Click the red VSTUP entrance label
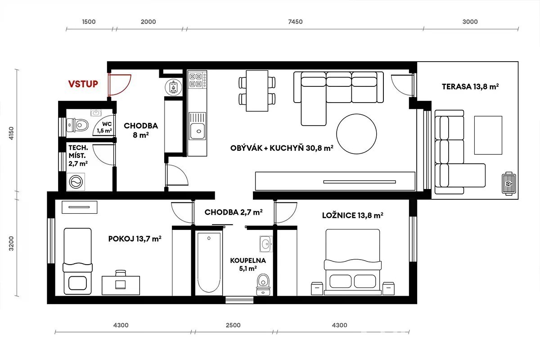(x=83, y=84)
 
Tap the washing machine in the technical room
(x=76, y=182)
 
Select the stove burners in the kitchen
(x=197, y=81)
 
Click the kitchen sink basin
(x=198, y=131)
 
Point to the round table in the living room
(x=356, y=134)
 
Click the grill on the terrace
(x=509, y=184)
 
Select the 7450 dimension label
(x=295, y=22)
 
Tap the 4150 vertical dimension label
(x=11, y=133)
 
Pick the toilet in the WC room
(x=77, y=125)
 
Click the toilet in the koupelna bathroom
(x=263, y=284)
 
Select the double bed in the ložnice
(x=353, y=262)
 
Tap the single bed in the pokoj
(x=77, y=261)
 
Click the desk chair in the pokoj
(x=121, y=280)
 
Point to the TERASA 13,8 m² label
(x=470, y=86)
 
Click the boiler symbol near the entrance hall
(x=173, y=87)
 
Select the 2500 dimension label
(x=233, y=325)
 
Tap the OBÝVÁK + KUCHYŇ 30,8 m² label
(x=282, y=148)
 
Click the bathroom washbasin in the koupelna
(x=266, y=244)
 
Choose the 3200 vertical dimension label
(x=11, y=243)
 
